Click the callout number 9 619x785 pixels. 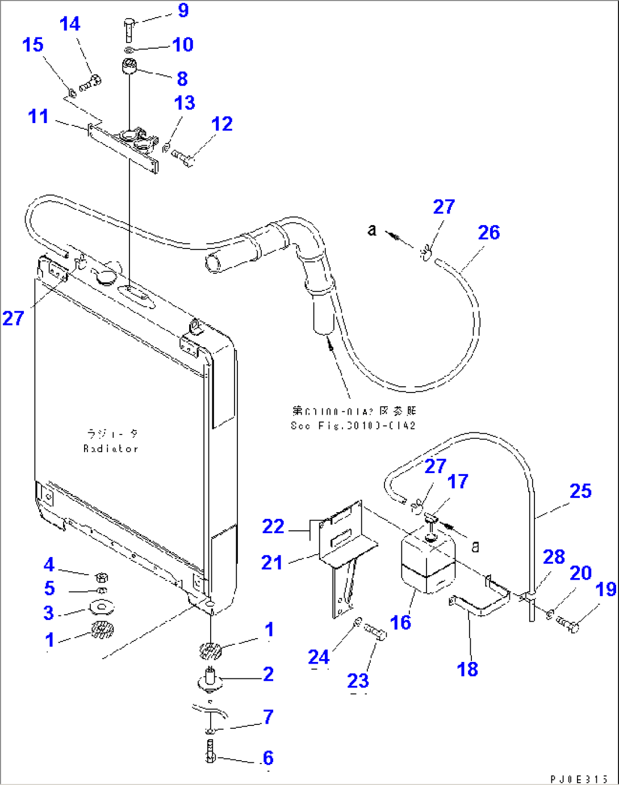183,10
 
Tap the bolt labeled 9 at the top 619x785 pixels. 128,28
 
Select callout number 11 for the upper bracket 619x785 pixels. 38,116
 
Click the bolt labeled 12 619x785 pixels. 183,157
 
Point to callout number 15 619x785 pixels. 33,45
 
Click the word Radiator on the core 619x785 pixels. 111,449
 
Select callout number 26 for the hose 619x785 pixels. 488,233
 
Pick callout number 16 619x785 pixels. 400,622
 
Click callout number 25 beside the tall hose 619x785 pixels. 580,491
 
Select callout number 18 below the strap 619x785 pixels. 467,669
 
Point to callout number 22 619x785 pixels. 273,526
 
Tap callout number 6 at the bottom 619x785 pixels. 267,758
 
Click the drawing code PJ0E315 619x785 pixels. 579,779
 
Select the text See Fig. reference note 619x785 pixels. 353,425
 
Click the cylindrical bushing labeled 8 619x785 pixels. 130,66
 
